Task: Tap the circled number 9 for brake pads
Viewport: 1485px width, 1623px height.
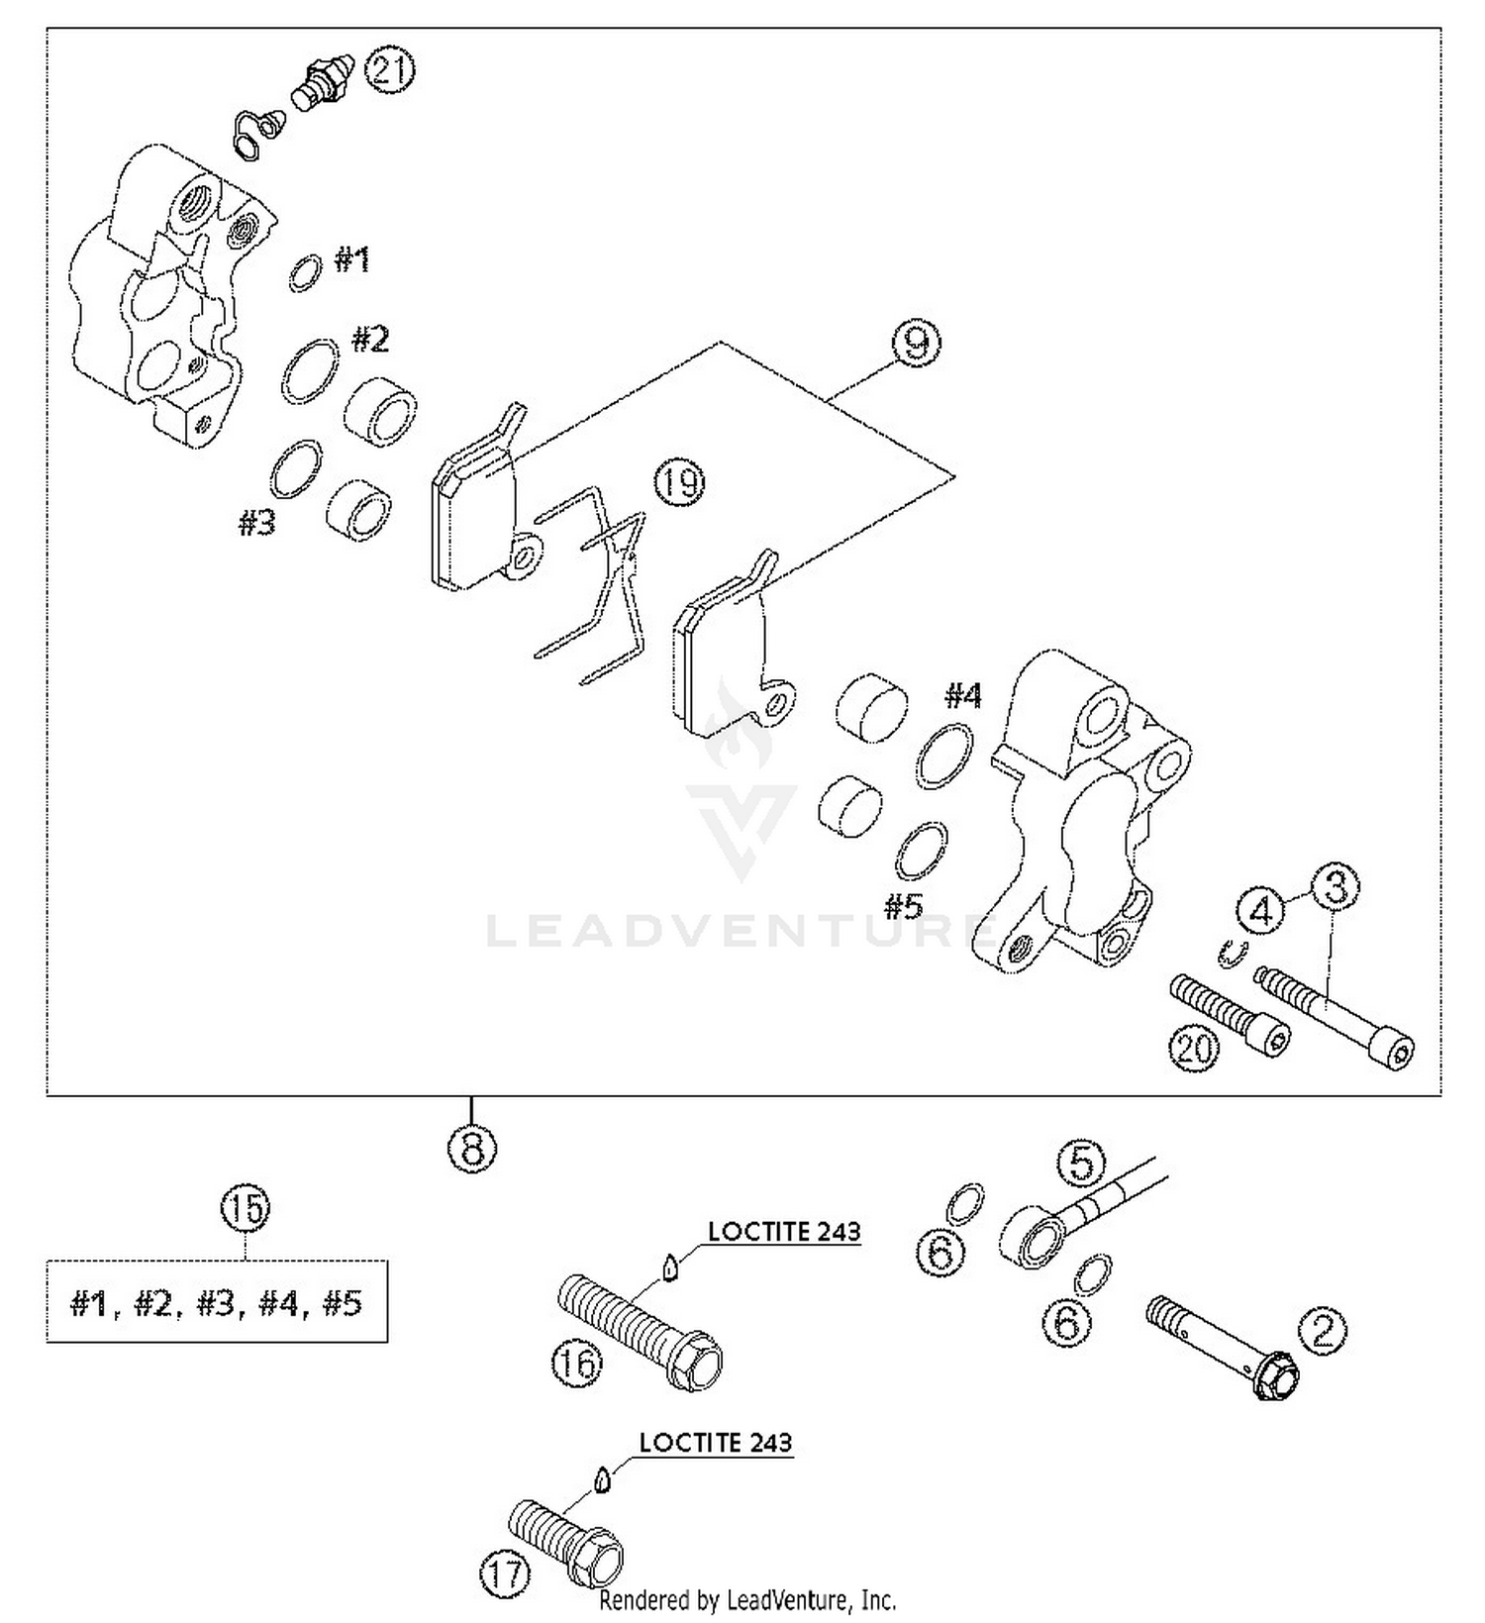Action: tap(915, 343)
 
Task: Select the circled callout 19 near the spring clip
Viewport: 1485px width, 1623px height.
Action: tap(678, 483)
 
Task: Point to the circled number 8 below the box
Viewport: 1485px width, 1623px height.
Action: tap(471, 1149)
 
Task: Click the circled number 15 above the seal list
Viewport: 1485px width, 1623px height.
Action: tap(246, 1208)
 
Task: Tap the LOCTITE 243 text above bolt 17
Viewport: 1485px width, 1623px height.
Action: tap(715, 1442)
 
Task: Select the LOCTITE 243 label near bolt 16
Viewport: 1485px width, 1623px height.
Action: tap(784, 1231)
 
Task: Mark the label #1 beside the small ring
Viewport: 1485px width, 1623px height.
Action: tap(351, 260)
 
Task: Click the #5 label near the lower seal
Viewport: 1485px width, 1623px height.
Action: tap(903, 906)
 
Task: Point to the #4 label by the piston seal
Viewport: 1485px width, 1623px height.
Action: tap(961, 696)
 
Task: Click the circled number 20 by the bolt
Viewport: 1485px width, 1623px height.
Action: tap(1193, 1047)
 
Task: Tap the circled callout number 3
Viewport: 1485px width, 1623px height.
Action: tap(1336, 887)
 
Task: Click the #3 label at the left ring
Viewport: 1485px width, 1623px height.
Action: tap(257, 522)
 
